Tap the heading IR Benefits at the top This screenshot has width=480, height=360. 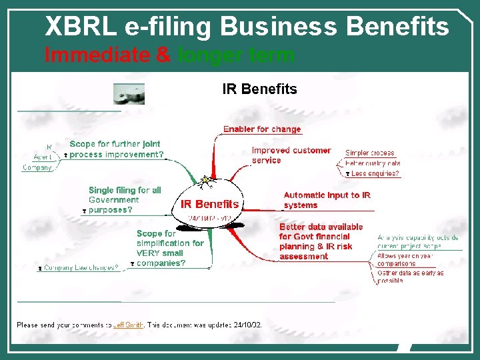[259, 89]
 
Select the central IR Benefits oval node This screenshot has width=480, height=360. [209, 204]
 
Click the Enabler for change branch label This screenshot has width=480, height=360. [262, 129]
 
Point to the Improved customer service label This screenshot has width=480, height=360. [291, 155]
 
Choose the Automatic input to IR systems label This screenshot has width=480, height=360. [327, 200]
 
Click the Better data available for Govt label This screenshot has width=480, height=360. [321, 241]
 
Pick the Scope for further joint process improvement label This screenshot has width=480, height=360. [116, 149]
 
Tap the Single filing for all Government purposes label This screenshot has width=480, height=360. [125, 200]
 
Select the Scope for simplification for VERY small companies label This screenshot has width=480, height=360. [169, 249]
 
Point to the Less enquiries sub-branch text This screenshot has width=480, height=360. [375, 174]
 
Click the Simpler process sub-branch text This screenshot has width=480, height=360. [370, 153]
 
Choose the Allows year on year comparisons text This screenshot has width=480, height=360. [405, 259]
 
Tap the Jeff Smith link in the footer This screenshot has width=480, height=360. [128, 325]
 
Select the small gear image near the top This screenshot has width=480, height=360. [129, 93]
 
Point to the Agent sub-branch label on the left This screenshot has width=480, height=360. [43, 157]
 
